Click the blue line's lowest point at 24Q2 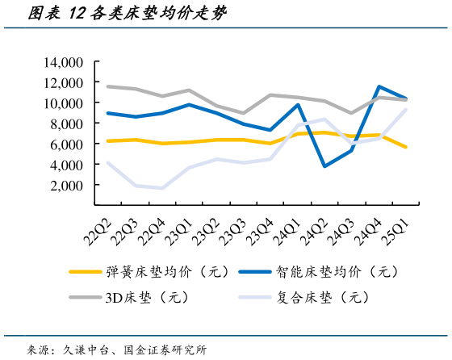tap(324, 166)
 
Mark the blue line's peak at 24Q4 tap(379, 86)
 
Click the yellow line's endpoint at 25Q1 tap(406, 147)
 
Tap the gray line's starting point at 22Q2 tap(107, 86)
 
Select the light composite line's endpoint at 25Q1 tap(406, 110)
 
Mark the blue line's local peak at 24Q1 tap(298, 105)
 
